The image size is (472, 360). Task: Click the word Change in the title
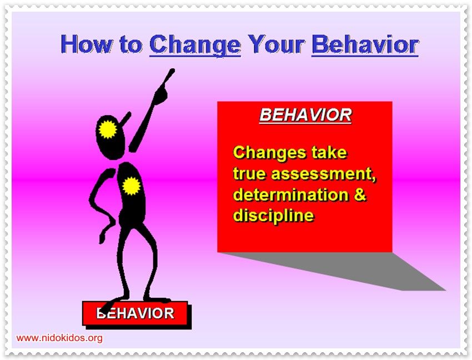click(x=195, y=45)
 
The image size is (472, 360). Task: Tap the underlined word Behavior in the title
click(x=365, y=45)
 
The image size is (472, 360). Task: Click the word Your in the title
click(x=276, y=44)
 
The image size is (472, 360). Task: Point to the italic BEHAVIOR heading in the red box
click(x=305, y=115)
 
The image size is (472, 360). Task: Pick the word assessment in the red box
click(x=324, y=174)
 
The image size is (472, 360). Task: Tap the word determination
click(x=291, y=194)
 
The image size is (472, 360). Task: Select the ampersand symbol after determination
click(x=360, y=194)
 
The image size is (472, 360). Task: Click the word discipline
click(x=273, y=216)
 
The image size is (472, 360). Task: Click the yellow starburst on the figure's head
click(x=108, y=129)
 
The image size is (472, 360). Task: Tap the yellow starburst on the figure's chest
click(x=131, y=186)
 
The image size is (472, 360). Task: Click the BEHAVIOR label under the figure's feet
click(x=135, y=313)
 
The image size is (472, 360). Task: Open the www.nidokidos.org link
click(x=59, y=338)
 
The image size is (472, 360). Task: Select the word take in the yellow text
click(x=329, y=152)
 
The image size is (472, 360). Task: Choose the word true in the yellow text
click(x=250, y=174)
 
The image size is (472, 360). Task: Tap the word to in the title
click(x=131, y=45)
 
